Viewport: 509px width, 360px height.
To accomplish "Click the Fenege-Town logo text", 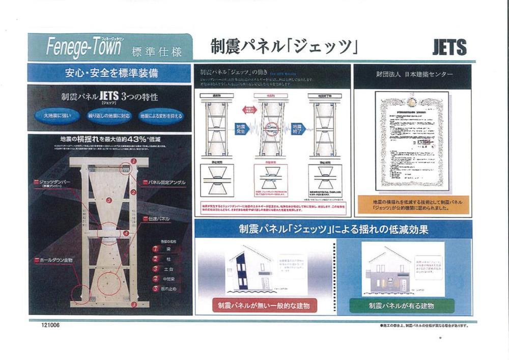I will coord(84,47).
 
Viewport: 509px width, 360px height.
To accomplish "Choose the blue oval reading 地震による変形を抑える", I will coord(161,116).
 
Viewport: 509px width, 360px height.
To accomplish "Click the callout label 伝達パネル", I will coord(159,218).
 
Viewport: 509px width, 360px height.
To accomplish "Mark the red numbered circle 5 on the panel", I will coord(109,201).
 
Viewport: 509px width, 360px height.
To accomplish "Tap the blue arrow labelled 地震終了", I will coord(297,128).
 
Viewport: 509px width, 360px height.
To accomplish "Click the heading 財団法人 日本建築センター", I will coord(412,74).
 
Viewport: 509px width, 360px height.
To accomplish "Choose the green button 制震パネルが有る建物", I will coord(402,306).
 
